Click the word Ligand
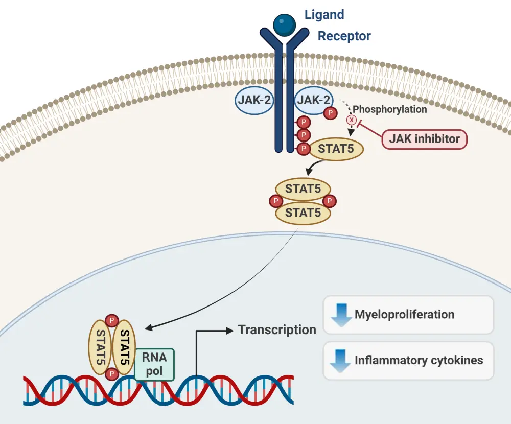coord(324,14)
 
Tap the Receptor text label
coord(344,36)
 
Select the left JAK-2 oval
coord(254,100)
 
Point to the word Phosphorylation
coord(390,109)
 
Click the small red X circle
coord(352,120)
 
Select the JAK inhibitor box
coord(424,138)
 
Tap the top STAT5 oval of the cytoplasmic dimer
coord(303,189)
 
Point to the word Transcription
coord(277,329)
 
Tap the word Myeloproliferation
coord(404,314)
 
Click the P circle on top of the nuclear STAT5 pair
coord(111,321)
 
